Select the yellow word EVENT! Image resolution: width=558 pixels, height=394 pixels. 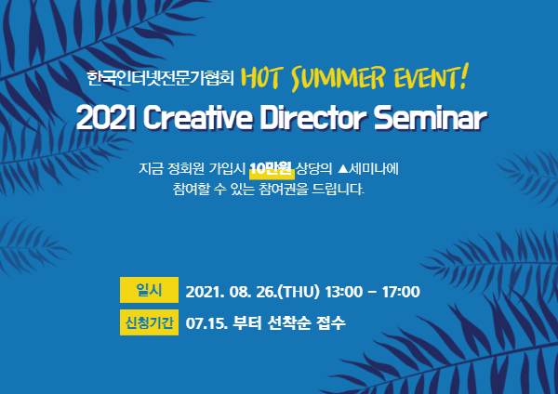(x=431, y=76)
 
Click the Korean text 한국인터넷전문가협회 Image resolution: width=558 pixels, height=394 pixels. (x=160, y=77)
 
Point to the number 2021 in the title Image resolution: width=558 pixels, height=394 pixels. (x=106, y=118)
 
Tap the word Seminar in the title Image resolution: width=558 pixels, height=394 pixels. (x=430, y=118)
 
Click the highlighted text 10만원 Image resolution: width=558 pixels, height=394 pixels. (x=272, y=168)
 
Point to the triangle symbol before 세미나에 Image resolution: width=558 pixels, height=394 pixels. (x=342, y=168)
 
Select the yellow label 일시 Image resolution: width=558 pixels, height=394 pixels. (x=149, y=290)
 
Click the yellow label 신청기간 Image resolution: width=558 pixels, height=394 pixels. (x=149, y=322)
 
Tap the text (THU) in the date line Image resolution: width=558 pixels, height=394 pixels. (x=299, y=292)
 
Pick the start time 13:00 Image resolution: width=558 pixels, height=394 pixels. (x=343, y=292)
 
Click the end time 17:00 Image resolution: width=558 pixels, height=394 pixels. (x=401, y=292)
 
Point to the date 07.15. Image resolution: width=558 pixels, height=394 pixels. (x=206, y=323)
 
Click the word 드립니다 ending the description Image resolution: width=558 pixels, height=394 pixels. (x=339, y=189)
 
